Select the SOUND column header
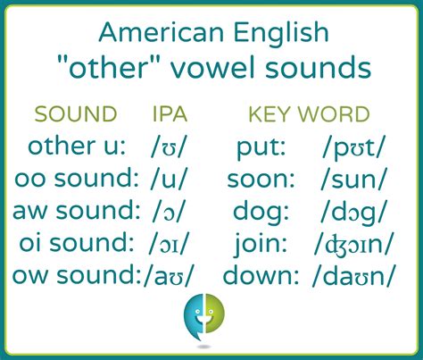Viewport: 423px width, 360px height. click(76, 114)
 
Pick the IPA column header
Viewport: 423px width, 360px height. click(170, 114)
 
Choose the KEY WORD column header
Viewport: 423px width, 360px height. click(309, 114)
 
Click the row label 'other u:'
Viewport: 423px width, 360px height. click(77, 146)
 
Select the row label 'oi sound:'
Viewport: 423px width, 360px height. click(77, 243)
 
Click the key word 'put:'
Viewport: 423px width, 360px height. click(260, 147)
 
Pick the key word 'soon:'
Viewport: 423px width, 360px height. click(261, 179)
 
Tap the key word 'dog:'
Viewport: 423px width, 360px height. click(261, 211)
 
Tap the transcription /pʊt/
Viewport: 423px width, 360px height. click(355, 147)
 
